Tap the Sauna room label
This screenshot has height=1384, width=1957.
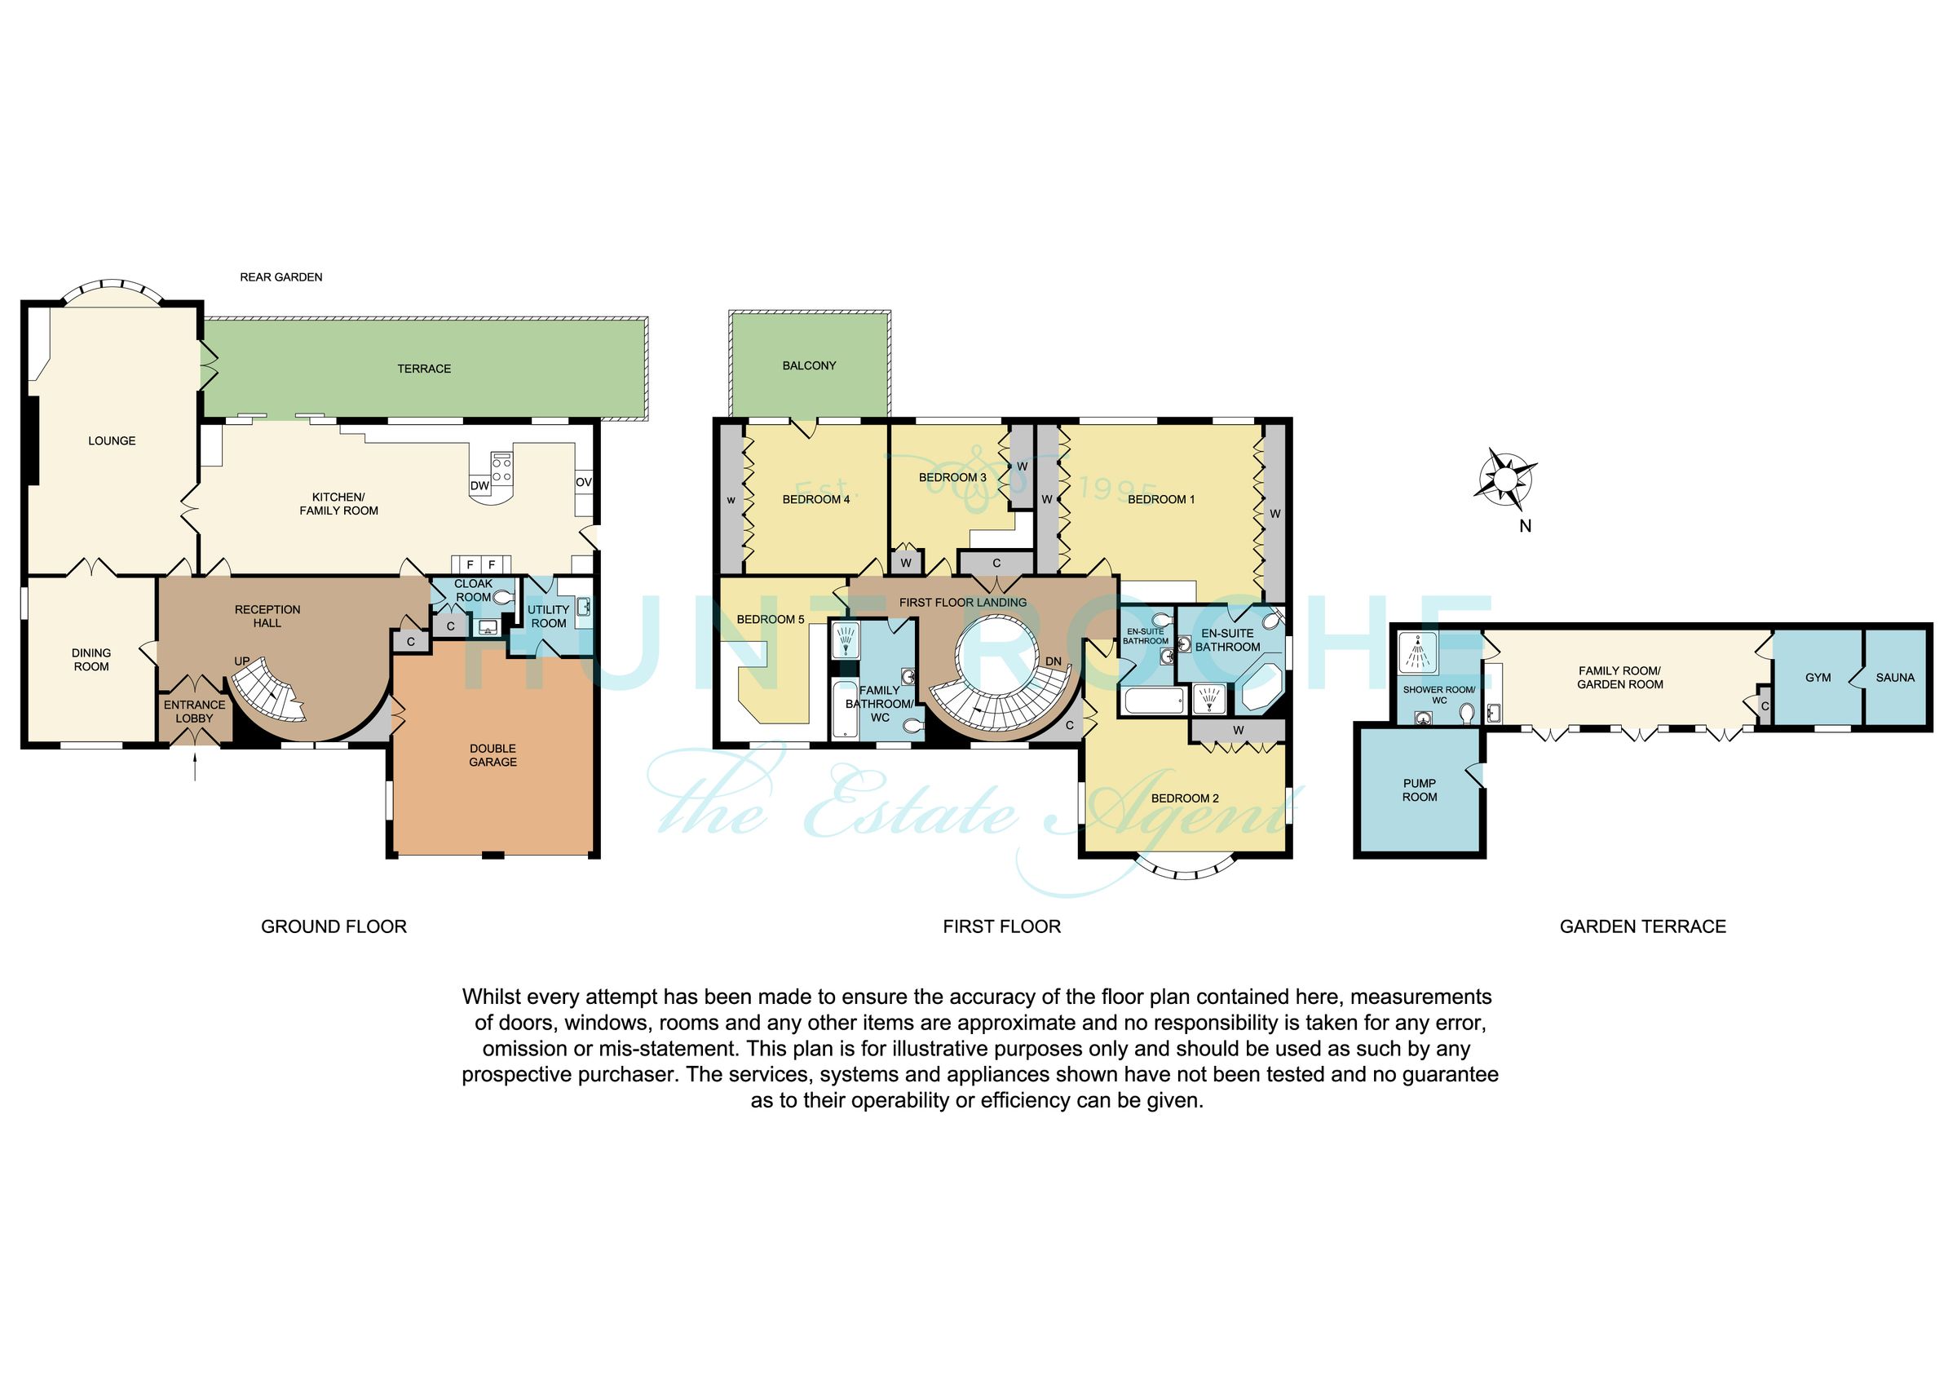pos(1895,678)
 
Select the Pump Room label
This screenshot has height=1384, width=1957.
pos(1419,789)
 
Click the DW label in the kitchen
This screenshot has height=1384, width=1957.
pos(480,486)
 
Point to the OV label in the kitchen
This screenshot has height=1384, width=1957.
pos(583,482)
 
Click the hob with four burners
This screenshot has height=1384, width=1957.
pos(502,466)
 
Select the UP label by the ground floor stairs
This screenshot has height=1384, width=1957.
pos(242,661)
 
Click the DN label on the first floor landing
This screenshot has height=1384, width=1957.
pos(1054,661)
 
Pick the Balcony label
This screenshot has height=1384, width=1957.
pos(809,366)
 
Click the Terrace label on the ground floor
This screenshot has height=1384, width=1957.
pos(424,369)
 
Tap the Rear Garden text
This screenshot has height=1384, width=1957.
pos(281,277)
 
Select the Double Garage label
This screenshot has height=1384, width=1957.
pos(493,755)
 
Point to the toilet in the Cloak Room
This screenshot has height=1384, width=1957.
pos(504,599)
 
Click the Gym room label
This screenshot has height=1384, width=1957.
pos(1818,678)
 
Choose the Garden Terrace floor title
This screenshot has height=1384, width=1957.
pos(1642,927)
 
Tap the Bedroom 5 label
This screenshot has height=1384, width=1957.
pos(771,619)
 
